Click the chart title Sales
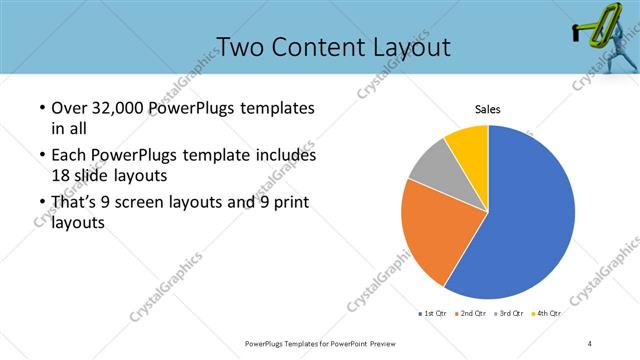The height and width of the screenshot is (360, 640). pos(487,109)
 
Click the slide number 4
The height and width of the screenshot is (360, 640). pos(590,343)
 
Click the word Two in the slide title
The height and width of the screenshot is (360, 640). pos(240,47)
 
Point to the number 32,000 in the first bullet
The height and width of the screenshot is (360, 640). pos(113,108)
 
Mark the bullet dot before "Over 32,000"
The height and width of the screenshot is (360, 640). pos(41,108)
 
